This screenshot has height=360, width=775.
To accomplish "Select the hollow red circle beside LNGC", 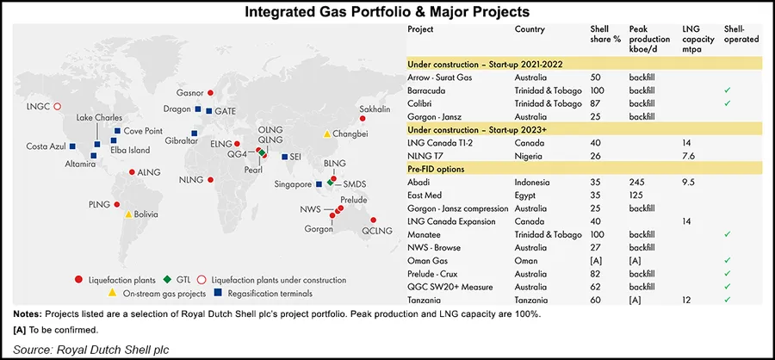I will (57, 107).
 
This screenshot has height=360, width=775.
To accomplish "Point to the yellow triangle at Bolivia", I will (128, 214).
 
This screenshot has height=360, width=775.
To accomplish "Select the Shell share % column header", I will (593, 34).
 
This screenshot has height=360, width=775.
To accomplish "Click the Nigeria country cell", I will (530, 155).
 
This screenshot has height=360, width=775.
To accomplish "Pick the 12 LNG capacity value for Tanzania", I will (687, 299).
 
